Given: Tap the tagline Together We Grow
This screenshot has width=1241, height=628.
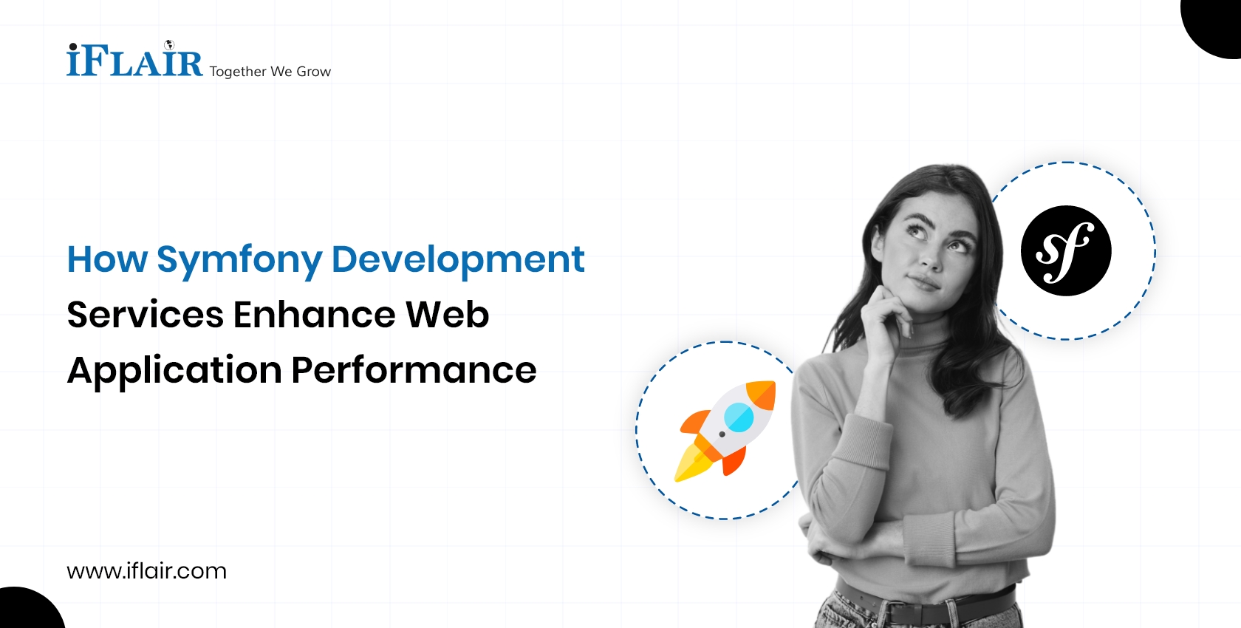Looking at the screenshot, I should [270, 72].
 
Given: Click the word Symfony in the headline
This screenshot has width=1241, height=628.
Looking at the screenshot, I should [239, 260].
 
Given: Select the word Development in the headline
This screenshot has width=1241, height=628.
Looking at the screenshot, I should [458, 260].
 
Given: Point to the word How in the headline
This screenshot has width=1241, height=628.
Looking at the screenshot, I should [107, 260].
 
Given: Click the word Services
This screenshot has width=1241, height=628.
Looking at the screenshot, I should [145, 315].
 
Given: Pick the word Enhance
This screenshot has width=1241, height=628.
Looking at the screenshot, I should [315, 315].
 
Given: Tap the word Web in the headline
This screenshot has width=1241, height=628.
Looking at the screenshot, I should [447, 315].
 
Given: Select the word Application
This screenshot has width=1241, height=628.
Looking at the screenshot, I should [174, 371].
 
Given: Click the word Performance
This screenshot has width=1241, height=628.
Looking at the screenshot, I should [414, 370].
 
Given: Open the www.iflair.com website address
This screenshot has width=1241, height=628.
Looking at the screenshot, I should [146, 571].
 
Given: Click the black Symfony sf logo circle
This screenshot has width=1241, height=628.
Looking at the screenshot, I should [1066, 250].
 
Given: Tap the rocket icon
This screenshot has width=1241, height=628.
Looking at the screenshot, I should [725, 430].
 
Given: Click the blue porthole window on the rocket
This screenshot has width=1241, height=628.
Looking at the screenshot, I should [739, 417].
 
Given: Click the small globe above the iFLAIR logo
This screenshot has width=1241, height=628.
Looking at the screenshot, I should [168, 45].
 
